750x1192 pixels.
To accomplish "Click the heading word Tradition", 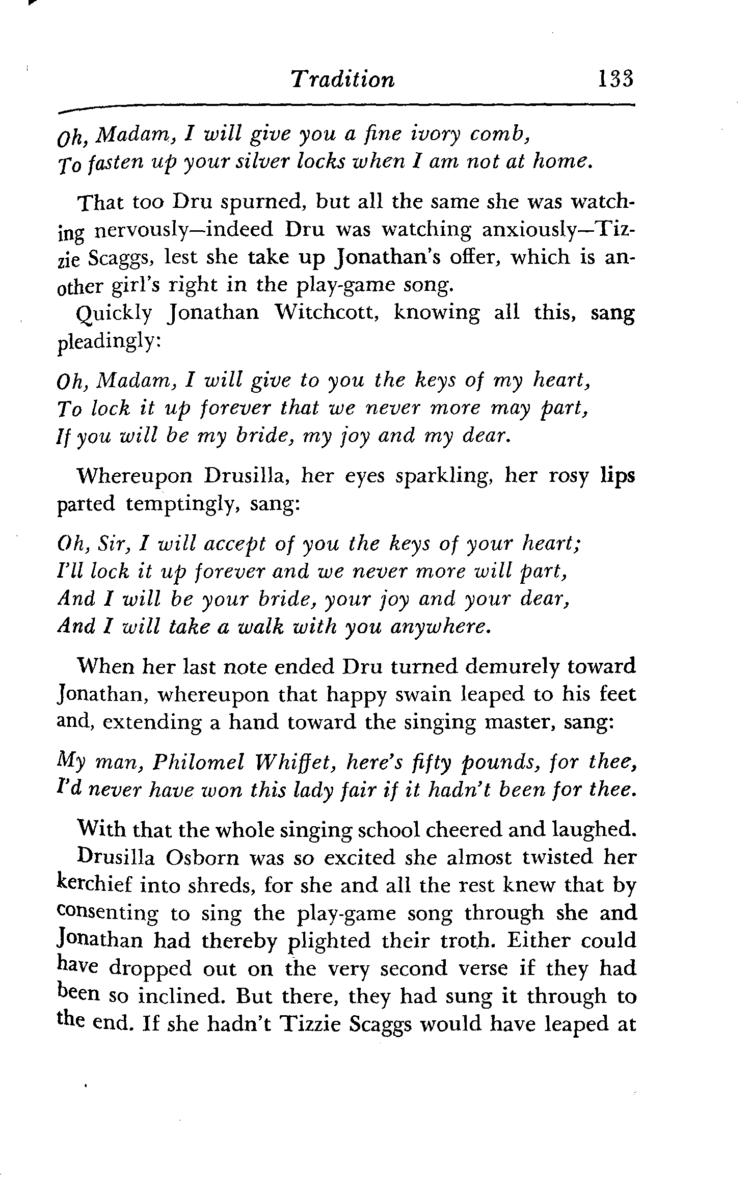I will coord(342,80).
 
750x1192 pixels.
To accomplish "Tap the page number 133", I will coord(616,79).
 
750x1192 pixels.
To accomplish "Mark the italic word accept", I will coord(233,545).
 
